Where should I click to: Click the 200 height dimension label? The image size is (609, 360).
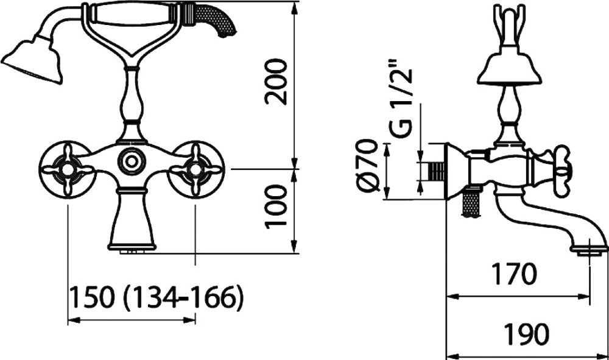click(276, 82)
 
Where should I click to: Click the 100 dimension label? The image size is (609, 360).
click(276, 206)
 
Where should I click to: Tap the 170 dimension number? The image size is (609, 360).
click(515, 274)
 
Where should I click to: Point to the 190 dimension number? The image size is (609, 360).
click(527, 334)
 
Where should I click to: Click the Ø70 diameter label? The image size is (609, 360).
click(367, 165)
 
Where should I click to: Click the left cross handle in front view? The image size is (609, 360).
click(68, 169)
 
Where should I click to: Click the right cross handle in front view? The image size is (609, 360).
click(196, 169)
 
